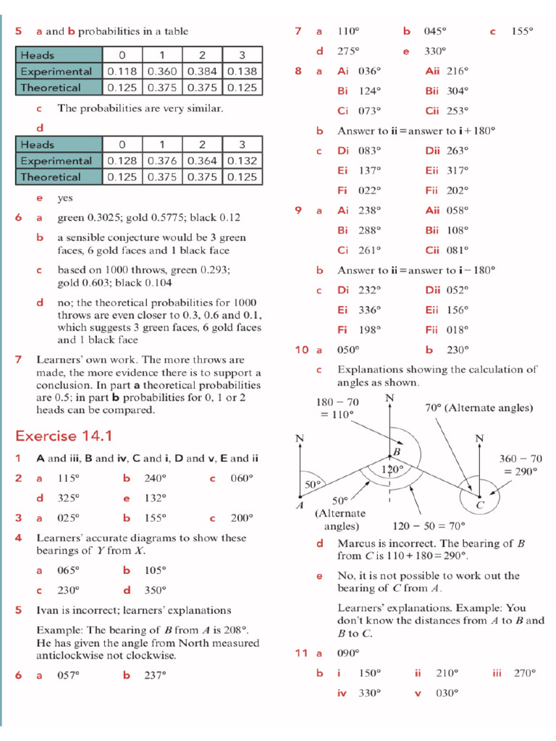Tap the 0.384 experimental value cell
coord(203,72)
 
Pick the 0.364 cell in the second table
coord(203,161)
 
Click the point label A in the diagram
coord(300,505)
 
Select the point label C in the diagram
coord(479,504)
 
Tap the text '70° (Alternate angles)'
coord(479,407)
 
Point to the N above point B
coord(389,399)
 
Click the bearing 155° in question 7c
coord(522,31)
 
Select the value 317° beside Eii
coord(457,170)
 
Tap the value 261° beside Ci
coord(369,250)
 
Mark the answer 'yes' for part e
coord(65,198)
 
